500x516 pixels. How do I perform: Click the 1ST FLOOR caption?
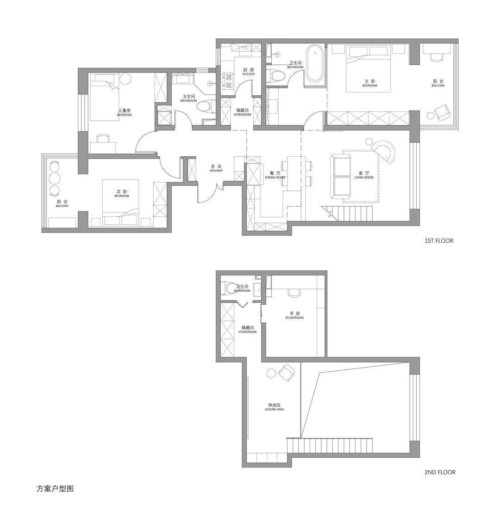click(439, 241)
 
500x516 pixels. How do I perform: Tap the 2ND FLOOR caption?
click(440, 472)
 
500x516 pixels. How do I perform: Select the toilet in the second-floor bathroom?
click(229, 288)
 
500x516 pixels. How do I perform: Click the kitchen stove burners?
click(228, 82)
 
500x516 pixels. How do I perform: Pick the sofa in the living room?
click(340, 177)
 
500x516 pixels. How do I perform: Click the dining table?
click(294, 173)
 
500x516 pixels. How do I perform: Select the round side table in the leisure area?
click(272, 373)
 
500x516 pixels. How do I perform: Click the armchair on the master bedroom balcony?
click(442, 112)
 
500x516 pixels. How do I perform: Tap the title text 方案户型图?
click(55, 489)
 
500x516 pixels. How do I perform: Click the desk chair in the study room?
click(294, 293)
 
